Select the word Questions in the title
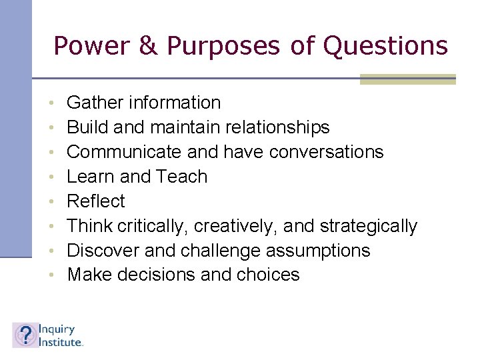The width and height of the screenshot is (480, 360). [385, 46]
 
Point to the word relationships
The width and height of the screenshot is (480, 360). [277, 127]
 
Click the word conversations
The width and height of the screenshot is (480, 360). [327, 152]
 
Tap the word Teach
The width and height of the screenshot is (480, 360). [181, 177]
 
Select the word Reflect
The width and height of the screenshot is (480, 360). [96, 201]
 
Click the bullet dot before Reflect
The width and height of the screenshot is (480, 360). [51, 202]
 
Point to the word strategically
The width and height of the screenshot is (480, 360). [369, 226]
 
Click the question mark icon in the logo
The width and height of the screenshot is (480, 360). [25, 335]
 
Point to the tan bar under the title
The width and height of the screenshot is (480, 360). [407, 79]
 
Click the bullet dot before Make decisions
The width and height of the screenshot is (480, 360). [51, 275]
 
